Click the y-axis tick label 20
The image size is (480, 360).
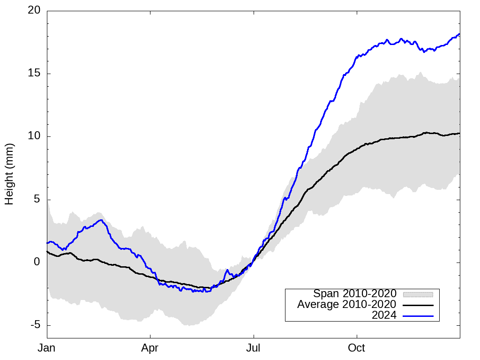point(34,11)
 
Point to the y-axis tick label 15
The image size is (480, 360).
point(34,74)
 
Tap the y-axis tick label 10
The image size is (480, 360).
point(34,136)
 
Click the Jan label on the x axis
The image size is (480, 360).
point(47,348)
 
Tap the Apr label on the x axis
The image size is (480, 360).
point(150,348)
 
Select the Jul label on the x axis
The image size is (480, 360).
point(254,348)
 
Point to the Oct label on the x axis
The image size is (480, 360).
point(357,348)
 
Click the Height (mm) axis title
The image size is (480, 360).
point(9,174)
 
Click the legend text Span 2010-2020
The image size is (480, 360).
point(355,294)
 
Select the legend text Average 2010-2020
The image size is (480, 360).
point(347,305)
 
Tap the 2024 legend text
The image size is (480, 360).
point(384,315)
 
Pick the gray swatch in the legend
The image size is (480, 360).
point(418,294)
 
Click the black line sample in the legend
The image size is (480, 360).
point(418,305)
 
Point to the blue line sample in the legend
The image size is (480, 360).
point(418,315)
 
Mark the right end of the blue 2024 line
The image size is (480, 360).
point(459,34)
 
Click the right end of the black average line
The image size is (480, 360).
point(459,133)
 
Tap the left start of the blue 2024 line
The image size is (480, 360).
point(47,243)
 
